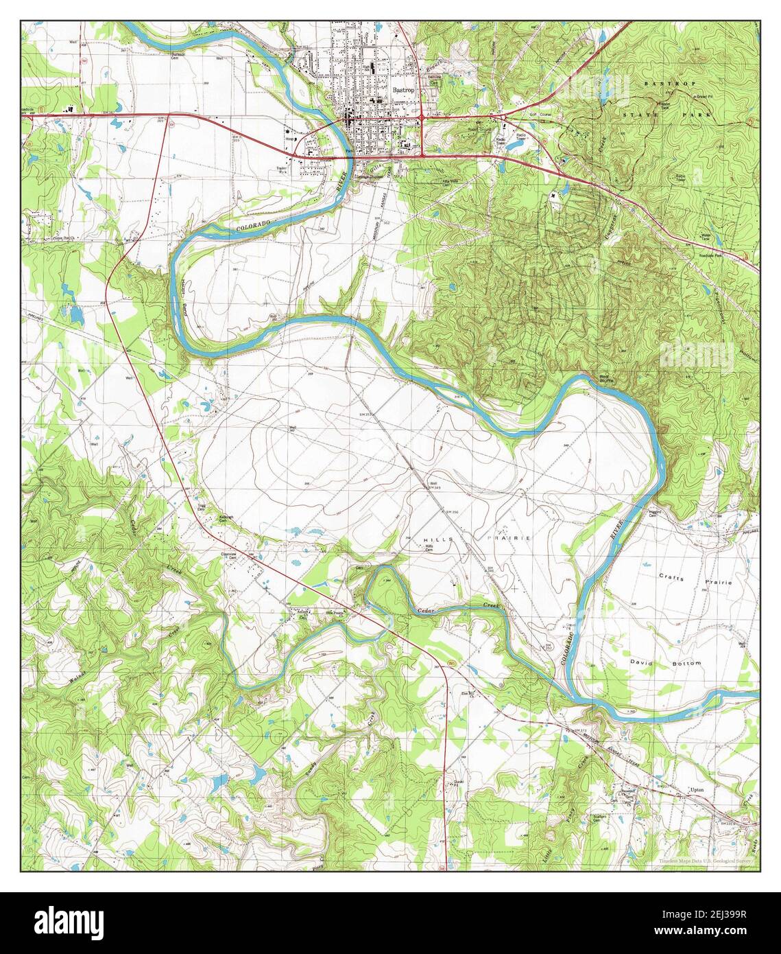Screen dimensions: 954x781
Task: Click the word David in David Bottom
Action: tap(643, 664)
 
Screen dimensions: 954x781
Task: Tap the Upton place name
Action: tap(697, 790)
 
